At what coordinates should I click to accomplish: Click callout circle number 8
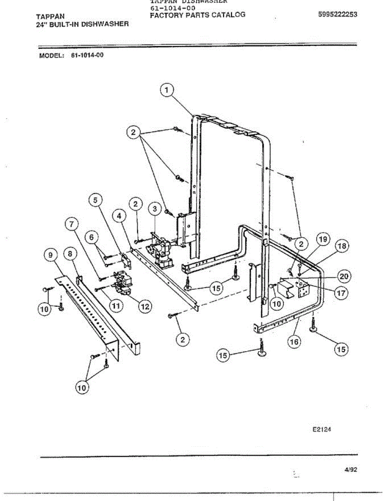click(70, 253)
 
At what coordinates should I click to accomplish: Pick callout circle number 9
click(50, 254)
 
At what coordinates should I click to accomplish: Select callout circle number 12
click(144, 306)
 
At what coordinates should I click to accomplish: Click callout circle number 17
click(341, 293)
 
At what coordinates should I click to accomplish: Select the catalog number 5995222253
click(337, 14)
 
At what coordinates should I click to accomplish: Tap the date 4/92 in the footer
click(351, 469)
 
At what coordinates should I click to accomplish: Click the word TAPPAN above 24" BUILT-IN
click(50, 17)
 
